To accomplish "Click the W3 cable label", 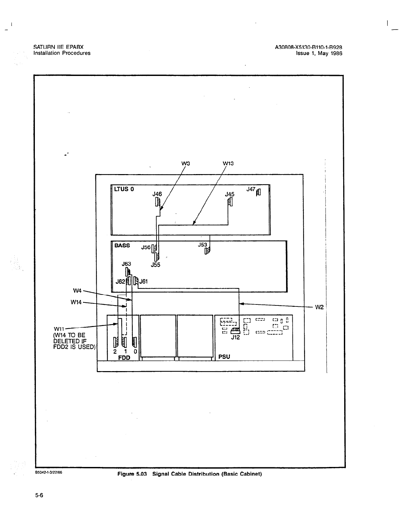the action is tap(185, 163).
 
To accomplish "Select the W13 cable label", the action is tap(228, 163).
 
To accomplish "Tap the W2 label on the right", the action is tap(319, 307).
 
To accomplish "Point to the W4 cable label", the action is tap(77, 291).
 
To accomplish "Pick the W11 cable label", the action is tap(59, 329).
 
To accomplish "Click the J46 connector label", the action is tap(157, 194).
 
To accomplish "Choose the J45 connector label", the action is tap(230, 194).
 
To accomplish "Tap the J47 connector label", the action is tap(251, 189).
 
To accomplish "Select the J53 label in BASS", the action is tap(203, 245).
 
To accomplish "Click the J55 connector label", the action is tap(156, 265).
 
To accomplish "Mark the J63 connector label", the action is tap(127, 264).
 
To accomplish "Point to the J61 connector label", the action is tap(144, 282).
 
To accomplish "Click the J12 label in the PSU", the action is tap(235, 338).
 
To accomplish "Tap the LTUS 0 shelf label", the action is tap(124, 190).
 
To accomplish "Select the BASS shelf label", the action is tap(122, 246).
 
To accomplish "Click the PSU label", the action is tap(224, 357).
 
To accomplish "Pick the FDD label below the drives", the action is tap(124, 358).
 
